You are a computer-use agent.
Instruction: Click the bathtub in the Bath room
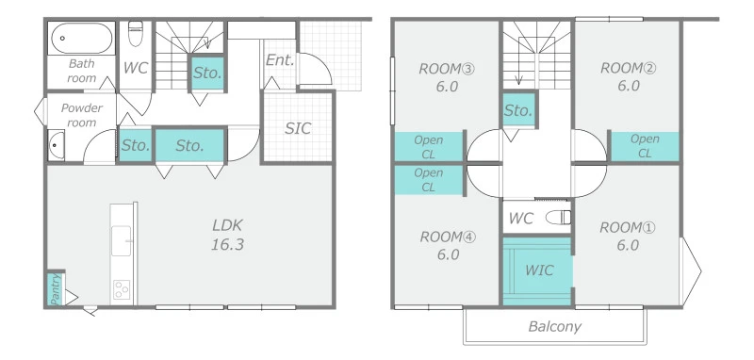tap(82, 38)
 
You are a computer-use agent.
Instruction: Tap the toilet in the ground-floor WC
tap(136, 34)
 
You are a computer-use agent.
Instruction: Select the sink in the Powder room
tap(57, 145)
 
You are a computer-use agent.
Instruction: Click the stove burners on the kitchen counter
tap(122, 290)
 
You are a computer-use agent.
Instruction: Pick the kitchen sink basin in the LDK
tap(122, 241)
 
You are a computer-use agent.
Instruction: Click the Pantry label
tap(56, 289)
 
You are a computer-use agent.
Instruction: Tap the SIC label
tap(298, 128)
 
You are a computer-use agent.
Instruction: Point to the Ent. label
tap(280, 60)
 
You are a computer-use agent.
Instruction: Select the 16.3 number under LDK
tap(227, 244)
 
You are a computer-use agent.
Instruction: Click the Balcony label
tap(554, 327)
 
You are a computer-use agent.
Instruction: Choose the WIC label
tap(538, 270)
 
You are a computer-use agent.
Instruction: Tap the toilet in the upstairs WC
tap(558, 218)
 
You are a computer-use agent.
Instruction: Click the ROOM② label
tap(628, 68)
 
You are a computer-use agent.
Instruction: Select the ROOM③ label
tap(447, 69)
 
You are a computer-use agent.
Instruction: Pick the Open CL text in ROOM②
tap(645, 146)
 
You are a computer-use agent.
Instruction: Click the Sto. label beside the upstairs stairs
tap(517, 110)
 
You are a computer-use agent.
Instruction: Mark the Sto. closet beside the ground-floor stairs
tap(207, 74)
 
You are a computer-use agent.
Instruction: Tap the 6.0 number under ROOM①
tap(628, 245)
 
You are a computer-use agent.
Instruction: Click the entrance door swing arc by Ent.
tap(320, 65)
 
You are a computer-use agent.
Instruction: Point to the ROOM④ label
tap(448, 237)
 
